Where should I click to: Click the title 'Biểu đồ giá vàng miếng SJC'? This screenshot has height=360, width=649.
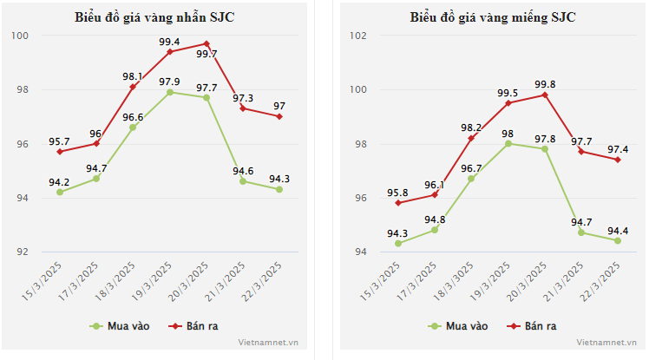(x=492, y=17)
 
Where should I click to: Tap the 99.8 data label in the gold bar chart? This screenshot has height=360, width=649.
(x=546, y=84)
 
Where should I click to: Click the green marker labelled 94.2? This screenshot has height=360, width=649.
(x=60, y=192)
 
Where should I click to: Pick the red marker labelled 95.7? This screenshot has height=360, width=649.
(x=60, y=152)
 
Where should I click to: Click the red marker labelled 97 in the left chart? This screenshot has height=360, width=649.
(x=279, y=116)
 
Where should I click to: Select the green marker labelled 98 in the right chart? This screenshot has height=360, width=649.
(x=508, y=143)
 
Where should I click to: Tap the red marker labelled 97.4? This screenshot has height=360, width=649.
(x=618, y=160)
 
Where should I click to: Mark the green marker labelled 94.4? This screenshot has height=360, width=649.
(x=618, y=240)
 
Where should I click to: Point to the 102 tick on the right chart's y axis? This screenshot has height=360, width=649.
(x=359, y=36)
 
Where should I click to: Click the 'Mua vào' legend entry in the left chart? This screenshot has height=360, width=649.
(x=121, y=326)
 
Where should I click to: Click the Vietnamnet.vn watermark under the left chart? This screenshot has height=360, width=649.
(x=270, y=343)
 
